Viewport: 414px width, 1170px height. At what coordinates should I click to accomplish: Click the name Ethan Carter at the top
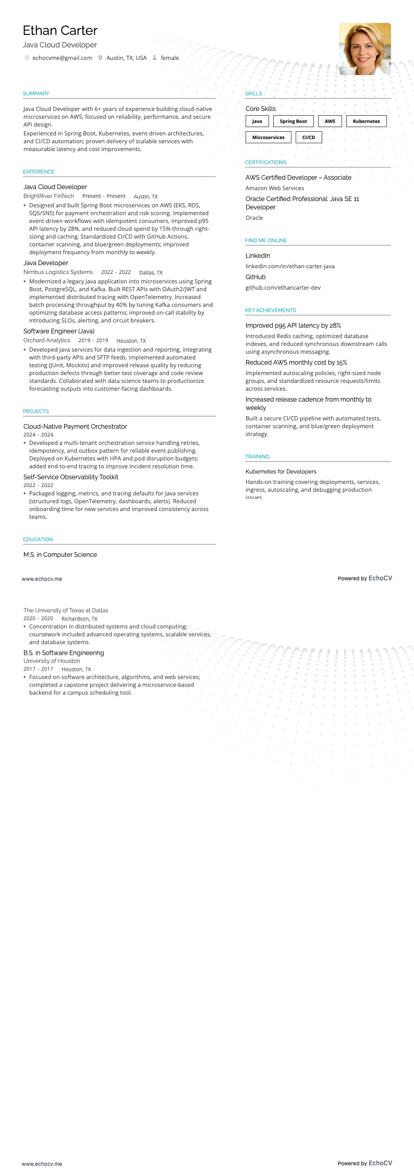(x=60, y=31)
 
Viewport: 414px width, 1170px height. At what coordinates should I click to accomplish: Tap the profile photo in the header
(x=364, y=49)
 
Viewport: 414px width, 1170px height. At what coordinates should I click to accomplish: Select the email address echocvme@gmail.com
(x=62, y=58)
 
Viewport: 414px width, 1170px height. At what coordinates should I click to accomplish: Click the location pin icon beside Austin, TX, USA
(x=100, y=58)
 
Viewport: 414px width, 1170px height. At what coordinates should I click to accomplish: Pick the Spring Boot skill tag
(x=293, y=121)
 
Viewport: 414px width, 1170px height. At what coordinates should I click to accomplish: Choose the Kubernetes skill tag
(x=366, y=121)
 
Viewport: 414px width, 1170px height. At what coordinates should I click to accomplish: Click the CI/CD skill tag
(x=309, y=138)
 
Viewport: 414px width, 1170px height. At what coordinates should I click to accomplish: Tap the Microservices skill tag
(x=268, y=138)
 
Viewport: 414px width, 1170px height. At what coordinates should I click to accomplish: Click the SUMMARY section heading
(x=36, y=94)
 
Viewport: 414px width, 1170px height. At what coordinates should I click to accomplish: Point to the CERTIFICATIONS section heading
(x=265, y=163)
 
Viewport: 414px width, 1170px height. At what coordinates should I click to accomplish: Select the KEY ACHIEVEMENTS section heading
(x=270, y=310)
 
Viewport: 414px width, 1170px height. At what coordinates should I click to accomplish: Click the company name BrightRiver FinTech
(x=48, y=196)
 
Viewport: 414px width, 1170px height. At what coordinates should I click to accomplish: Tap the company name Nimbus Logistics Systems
(x=58, y=272)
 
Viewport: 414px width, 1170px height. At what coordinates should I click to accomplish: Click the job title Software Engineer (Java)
(x=59, y=331)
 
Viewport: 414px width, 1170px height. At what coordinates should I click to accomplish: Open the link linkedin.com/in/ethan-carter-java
(x=290, y=266)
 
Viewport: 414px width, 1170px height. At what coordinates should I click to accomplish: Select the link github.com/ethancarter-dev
(x=283, y=288)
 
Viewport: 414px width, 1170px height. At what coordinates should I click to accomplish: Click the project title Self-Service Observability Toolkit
(x=71, y=477)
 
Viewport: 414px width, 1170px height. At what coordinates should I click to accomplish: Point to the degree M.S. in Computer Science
(x=60, y=555)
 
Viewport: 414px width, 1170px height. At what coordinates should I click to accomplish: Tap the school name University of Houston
(x=52, y=661)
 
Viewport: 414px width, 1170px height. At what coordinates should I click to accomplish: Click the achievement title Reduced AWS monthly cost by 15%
(x=296, y=363)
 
